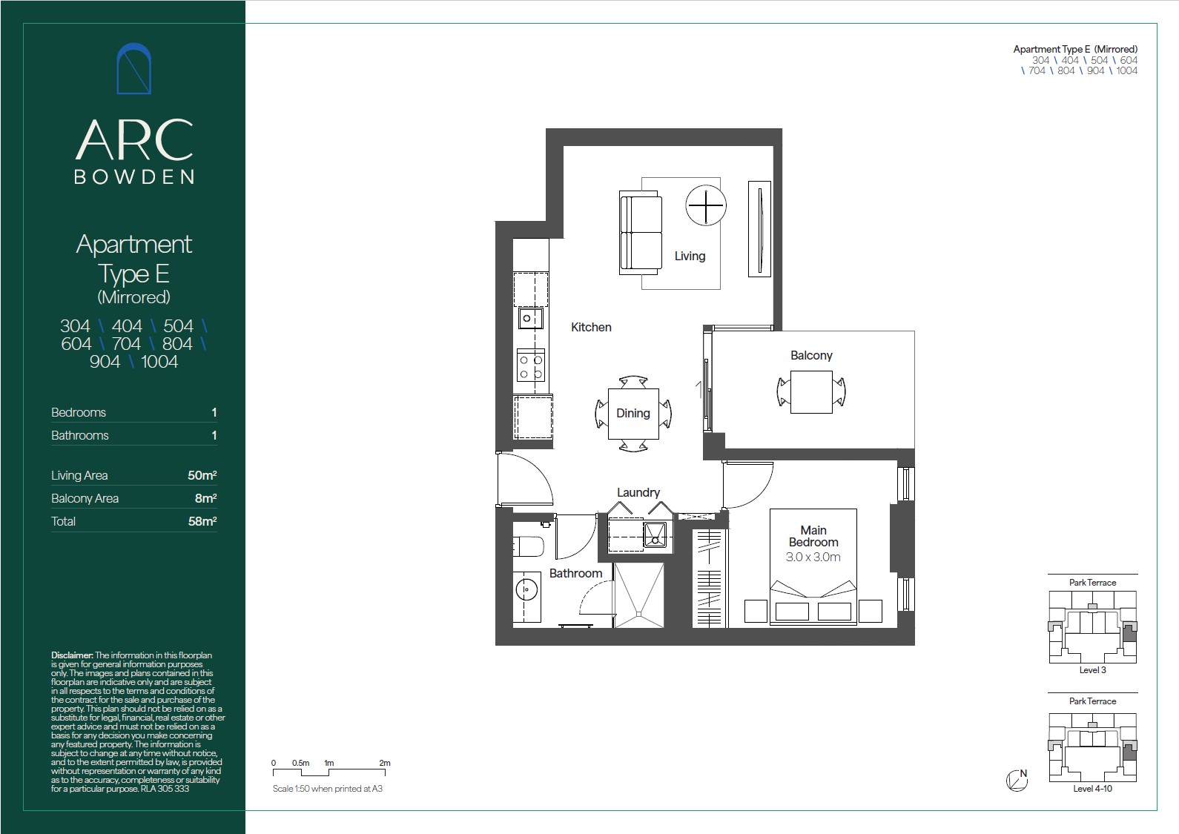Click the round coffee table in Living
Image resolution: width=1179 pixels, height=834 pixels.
pos(706,205)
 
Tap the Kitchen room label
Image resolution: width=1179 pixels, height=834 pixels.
pos(591,327)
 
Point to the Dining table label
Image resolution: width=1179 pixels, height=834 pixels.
pos(633,413)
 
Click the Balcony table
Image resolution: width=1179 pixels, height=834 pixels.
pos(811,392)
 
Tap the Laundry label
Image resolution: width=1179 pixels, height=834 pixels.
pos(638,492)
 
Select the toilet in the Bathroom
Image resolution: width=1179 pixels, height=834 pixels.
pos(528,546)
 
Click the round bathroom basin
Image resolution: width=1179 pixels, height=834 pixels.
pos(526,590)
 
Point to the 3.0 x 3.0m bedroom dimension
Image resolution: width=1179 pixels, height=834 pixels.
pos(813,557)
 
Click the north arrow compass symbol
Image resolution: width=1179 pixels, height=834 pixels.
pos(1017,780)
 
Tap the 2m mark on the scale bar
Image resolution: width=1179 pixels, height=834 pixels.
pos(385,763)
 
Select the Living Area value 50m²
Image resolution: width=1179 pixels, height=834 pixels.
pos(202,475)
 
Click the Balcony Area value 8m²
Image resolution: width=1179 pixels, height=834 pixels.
pos(206,497)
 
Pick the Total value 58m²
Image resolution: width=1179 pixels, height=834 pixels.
pos(202,521)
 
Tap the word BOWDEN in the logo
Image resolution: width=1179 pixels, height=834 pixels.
pos(134,176)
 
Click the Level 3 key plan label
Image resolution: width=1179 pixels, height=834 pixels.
pos(1093,670)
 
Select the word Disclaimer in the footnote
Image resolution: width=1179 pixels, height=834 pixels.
pos(72,655)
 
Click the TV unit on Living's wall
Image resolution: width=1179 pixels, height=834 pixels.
pos(759,229)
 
